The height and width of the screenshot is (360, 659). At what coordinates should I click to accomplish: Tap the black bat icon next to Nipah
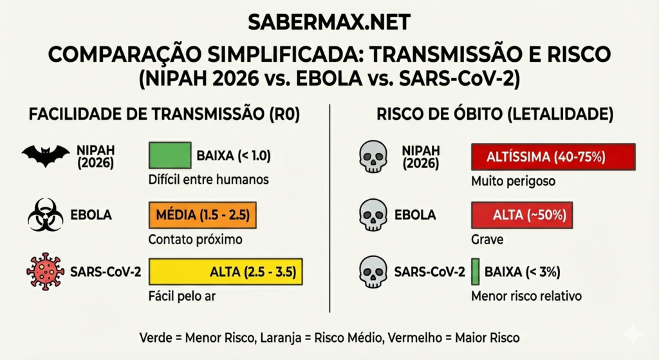pyautogui.click(x=45, y=155)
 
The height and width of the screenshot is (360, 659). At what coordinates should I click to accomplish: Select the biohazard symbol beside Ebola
pyautogui.click(x=45, y=214)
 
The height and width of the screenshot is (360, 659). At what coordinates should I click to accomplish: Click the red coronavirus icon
pyautogui.click(x=45, y=271)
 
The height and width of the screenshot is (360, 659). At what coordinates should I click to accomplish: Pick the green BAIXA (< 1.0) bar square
pyautogui.click(x=170, y=156)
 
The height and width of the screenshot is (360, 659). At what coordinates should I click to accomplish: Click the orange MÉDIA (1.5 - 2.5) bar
pyautogui.click(x=203, y=215)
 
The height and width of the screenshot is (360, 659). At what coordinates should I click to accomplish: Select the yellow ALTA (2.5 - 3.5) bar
pyautogui.click(x=225, y=272)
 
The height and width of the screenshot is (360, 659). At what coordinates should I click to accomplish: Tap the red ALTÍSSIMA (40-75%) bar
pyautogui.click(x=553, y=156)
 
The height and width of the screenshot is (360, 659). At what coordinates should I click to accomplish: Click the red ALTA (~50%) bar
pyautogui.click(x=522, y=215)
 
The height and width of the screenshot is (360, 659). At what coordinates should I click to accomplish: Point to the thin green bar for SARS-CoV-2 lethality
pyautogui.click(x=475, y=271)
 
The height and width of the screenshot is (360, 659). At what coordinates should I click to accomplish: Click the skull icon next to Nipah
pyautogui.click(x=373, y=156)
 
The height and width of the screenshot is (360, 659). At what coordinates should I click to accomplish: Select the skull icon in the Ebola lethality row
pyautogui.click(x=373, y=215)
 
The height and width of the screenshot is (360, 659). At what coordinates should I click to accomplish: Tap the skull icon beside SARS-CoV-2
pyautogui.click(x=373, y=271)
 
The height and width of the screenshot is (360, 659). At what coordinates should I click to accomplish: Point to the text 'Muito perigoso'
pyautogui.click(x=513, y=181)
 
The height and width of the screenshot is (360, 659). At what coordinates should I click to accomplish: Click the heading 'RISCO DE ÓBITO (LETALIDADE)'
pyautogui.click(x=494, y=115)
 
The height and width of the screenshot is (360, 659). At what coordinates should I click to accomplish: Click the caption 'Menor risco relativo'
pyautogui.click(x=526, y=296)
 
